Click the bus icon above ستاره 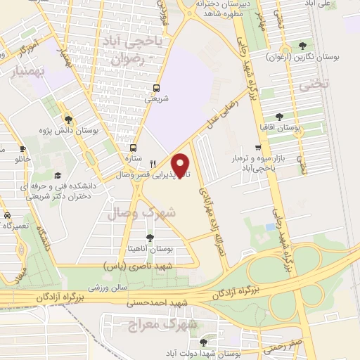(133, 148)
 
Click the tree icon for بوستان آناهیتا (149, 238)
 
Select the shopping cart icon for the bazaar (259, 148)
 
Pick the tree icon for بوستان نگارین (303, 44)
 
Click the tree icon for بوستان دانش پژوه (67, 119)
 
